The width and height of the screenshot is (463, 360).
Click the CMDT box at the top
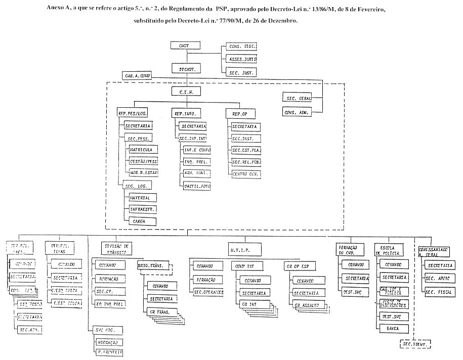click(184, 46)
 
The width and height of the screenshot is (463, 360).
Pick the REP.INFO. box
click(185, 114)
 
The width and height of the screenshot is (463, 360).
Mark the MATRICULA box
click(143, 150)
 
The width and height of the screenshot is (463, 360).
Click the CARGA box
click(142, 221)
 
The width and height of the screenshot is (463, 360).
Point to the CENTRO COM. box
click(246, 173)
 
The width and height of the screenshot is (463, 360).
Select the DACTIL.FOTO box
click(196, 187)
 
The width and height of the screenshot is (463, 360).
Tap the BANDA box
click(394, 328)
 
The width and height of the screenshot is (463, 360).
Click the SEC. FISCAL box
click(438, 292)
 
